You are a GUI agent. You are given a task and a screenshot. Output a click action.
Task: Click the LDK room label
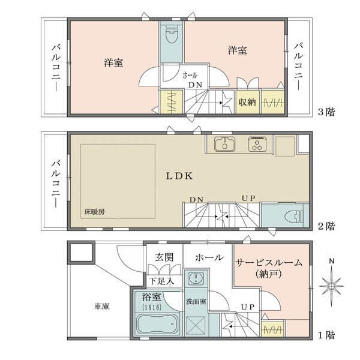pos(178,176)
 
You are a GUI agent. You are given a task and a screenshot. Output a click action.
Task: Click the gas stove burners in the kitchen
pos(258,144)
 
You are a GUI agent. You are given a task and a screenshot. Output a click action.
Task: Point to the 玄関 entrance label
pos(164,257)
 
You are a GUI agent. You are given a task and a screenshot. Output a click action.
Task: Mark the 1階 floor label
pos(326,335)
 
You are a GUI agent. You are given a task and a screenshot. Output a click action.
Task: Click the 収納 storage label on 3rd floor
pos(247,102)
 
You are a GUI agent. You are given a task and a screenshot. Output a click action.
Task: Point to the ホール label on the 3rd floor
pos(190,76)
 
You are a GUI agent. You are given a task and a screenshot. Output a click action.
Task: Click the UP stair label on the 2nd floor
pos(247,199)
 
